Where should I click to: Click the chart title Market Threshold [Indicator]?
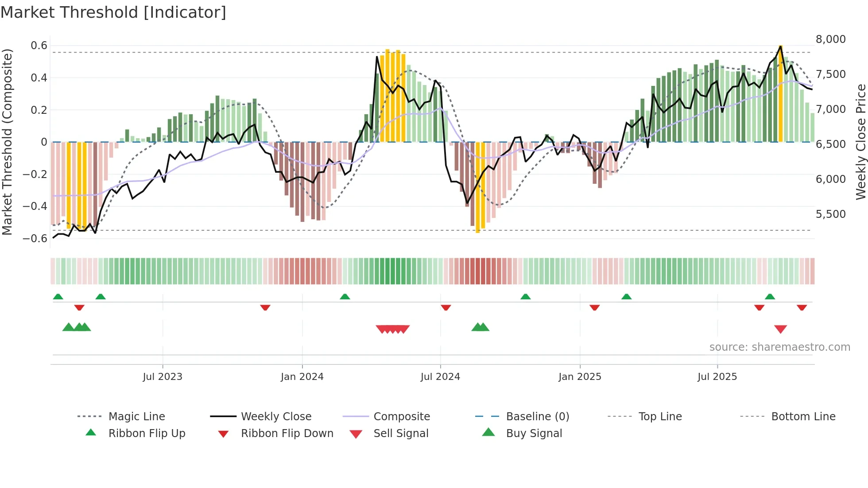tap(113, 12)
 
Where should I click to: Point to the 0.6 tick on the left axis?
tap(39, 46)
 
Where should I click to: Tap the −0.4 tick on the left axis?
tap(35, 206)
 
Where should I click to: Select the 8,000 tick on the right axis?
tap(831, 39)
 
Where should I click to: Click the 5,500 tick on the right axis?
tap(831, 214)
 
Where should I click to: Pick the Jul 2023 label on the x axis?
tap(163, 377)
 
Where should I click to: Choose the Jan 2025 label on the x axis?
tap(580, 377)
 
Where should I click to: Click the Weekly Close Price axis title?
tap(860, 142)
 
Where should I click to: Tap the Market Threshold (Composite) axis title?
tap(7, 142)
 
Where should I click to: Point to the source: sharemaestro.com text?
tap(779, 347)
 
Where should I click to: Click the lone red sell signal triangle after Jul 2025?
tap(780, 329)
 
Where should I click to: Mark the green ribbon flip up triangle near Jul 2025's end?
tap(770, 297)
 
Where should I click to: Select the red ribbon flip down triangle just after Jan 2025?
tap(594, 307)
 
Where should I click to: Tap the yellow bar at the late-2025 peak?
tap(780, 93)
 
